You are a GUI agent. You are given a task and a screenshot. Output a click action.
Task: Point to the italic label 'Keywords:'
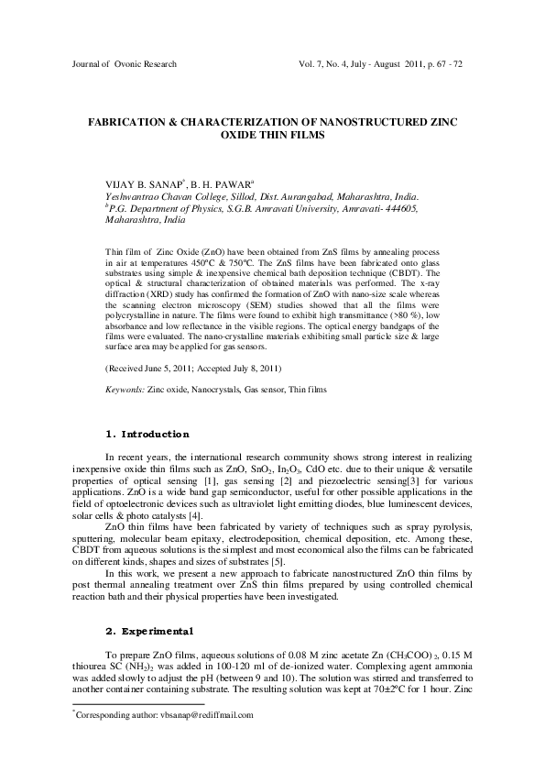point(125,414)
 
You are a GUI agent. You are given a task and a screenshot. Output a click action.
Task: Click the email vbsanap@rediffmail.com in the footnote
point(202,713)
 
